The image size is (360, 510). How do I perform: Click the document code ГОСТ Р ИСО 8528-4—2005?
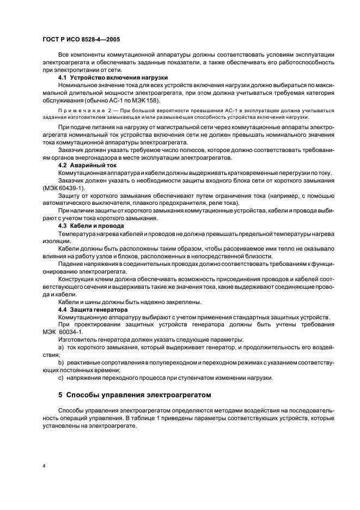pos(81,39)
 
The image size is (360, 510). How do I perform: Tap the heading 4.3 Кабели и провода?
pos(91,225)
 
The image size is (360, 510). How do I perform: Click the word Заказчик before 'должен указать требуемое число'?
pos(74,150)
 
